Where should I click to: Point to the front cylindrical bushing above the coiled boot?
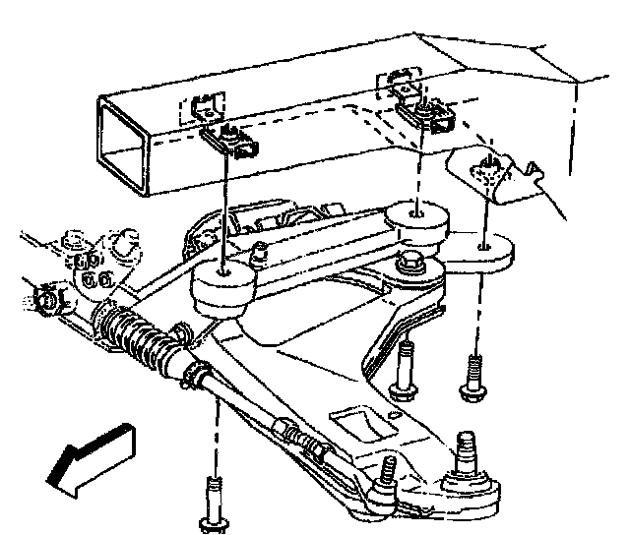tap(222, 289)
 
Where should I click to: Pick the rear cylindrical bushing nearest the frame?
tap(418, 225)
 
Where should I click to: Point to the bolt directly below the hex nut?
tap(404, 369)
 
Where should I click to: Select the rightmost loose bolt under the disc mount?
tap(473, 378)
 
